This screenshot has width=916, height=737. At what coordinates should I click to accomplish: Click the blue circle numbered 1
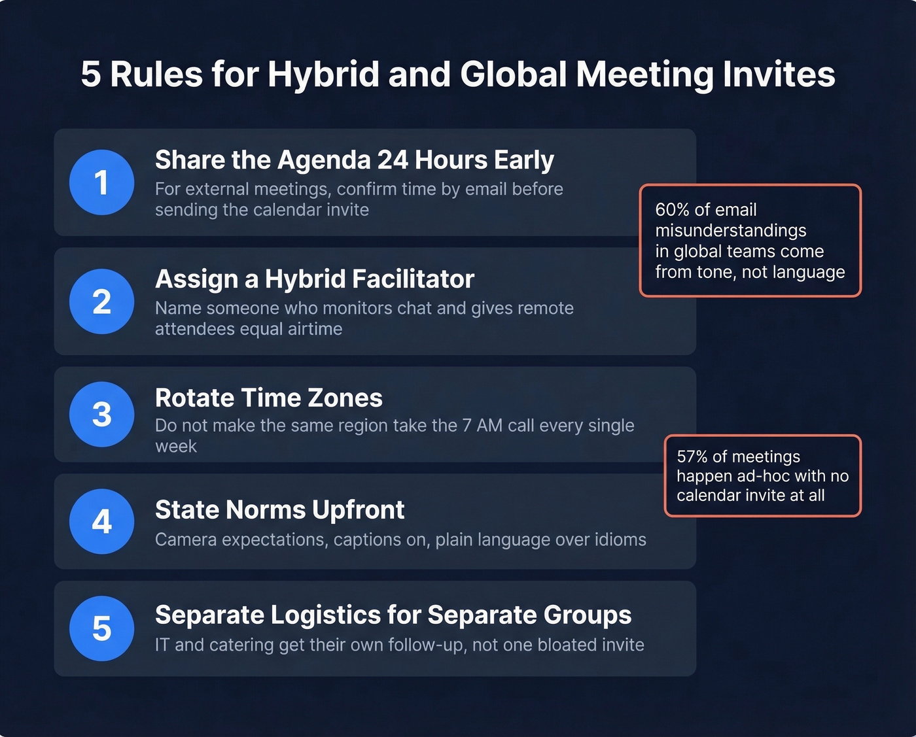click(101, 182)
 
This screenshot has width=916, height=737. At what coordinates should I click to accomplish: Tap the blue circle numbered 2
click(101, 301)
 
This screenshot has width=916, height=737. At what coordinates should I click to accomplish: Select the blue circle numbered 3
click(101, 415)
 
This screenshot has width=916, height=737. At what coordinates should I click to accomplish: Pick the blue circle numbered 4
click(101, 522)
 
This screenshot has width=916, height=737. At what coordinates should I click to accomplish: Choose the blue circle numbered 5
click(101, 628)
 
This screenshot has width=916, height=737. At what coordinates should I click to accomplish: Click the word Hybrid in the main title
click(323, 75)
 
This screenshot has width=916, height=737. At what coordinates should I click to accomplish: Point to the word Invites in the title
click(779, 75)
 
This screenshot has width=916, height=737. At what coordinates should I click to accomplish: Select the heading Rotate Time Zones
click(268, 398)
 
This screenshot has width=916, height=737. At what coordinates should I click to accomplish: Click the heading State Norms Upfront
click(279, 510)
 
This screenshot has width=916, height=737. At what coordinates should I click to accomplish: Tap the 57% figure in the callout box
click(693, 456)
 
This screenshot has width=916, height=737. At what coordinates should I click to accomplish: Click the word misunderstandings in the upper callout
click(730, 231)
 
